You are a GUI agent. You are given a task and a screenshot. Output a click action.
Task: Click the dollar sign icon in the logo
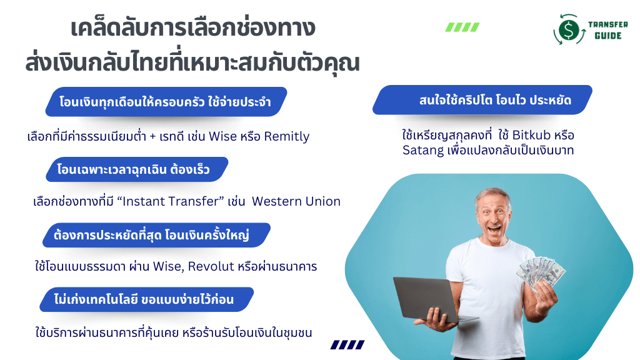coord(569,29)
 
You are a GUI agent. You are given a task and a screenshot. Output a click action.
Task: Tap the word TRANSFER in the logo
coord(607,24)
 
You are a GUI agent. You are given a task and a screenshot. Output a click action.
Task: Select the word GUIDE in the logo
coord(608,36)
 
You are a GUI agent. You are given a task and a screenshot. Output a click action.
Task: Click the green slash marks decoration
coord(462,27)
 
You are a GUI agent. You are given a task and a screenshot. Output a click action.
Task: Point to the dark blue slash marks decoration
coord(347,345)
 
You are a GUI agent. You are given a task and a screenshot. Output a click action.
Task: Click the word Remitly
coord(286,136)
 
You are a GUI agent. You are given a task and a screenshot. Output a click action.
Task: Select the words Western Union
coord(296,201)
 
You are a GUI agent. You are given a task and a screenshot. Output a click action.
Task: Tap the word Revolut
coord(211,266)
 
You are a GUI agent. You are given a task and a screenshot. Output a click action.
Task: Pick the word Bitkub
coord(531,135)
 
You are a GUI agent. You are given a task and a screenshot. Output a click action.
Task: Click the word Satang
coord(423,151)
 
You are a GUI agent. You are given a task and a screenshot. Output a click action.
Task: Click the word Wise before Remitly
coord(223,136)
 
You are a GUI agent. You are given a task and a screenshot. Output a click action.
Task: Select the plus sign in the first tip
coord(152,137)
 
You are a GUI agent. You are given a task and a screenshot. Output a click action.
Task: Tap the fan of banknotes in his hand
coord(541,272)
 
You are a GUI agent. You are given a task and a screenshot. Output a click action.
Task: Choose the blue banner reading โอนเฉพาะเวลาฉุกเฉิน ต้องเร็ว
coord(137,169)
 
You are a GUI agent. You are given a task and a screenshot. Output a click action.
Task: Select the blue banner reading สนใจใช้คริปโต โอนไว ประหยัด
coord(482,100)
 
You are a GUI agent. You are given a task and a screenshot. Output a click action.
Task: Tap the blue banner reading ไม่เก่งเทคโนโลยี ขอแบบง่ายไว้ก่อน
coord(146,299)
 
